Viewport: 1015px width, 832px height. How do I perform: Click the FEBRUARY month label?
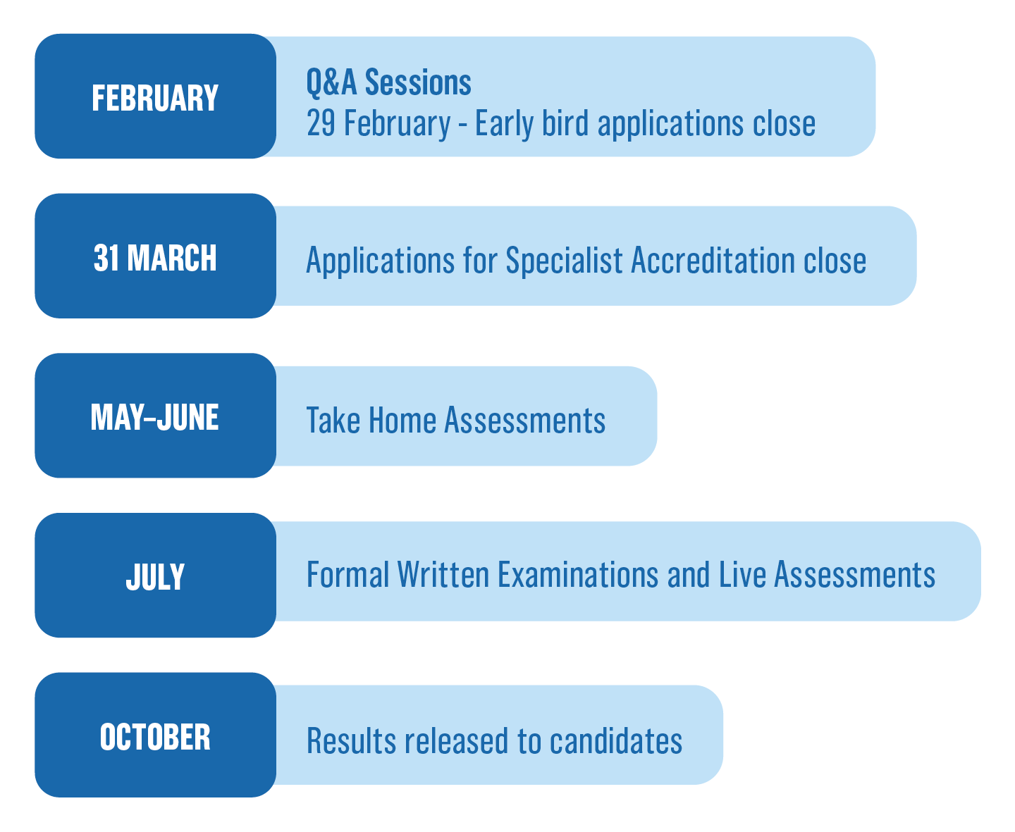[155, 98]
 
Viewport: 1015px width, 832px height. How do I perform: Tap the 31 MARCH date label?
[155, 258]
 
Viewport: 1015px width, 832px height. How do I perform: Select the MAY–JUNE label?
[155, 417]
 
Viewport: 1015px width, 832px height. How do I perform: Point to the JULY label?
[155, 577]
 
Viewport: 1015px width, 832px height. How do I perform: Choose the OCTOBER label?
[155, 736]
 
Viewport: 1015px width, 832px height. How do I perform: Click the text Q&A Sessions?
[389, 82]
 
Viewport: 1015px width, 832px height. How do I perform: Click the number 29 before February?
[321, 123]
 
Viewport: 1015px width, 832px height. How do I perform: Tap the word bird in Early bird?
[565, 123]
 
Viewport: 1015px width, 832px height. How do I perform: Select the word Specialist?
[564, 261]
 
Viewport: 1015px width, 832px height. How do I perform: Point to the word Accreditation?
[713, 260]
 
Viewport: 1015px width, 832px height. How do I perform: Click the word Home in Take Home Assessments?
[402, 421]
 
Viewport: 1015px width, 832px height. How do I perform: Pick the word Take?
[333, 421]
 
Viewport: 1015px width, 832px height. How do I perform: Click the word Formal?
[348, 574]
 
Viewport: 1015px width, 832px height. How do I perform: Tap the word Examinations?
[577, 574]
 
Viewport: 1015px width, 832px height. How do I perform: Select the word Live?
[742, 574]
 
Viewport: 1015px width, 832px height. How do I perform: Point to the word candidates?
[616, 740]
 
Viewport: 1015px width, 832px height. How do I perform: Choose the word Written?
[443, 574]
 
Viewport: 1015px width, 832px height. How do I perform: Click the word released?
[457, 740]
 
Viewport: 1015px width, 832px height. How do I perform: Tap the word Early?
[505, 124]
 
